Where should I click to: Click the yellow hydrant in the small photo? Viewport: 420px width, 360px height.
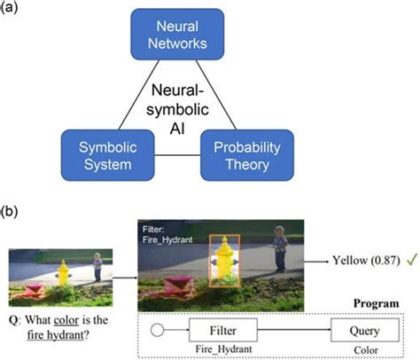(63, 270)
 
